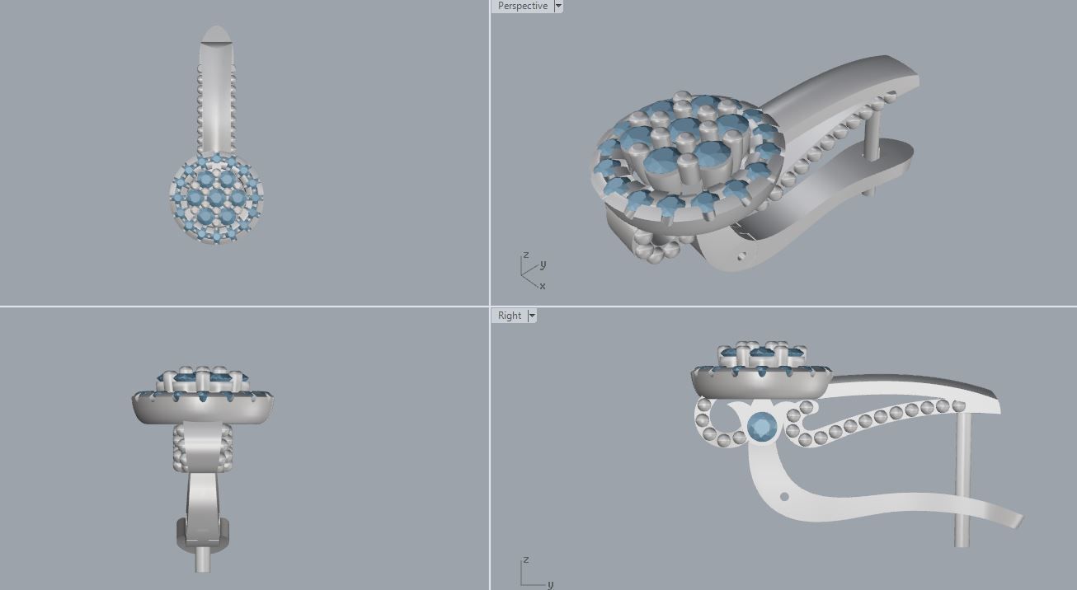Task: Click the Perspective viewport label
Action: tap(522, 6)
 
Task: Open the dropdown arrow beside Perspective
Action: tap(558, 6)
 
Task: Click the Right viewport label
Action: tap(509, 316)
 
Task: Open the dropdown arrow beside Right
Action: tap(532, 316)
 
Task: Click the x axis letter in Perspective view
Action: tap(542, 286)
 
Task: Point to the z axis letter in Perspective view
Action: tap(525, 255)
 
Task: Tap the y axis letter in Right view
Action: tap(550, 584)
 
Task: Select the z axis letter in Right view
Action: tap(525, 560)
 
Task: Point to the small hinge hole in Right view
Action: tap(783, 496)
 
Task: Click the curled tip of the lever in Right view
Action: tap(1016, 520)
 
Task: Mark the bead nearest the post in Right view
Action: tap(958, 405)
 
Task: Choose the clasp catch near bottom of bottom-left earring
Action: tap(202, 536)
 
